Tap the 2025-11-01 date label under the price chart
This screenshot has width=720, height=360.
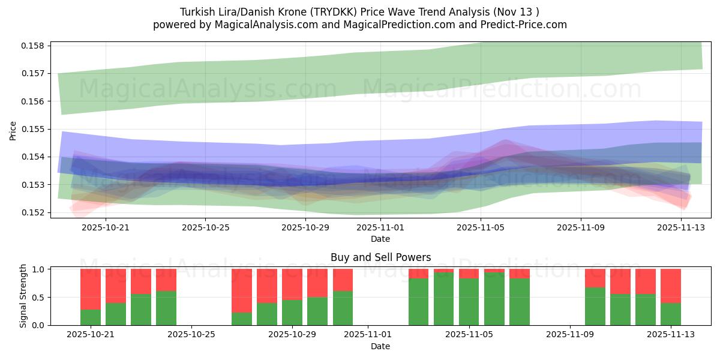pos(380,227)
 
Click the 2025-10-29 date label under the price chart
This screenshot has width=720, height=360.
pos(305,227)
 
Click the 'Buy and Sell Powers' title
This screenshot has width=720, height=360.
pos(380,257)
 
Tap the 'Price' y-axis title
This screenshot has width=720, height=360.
pos(13,130)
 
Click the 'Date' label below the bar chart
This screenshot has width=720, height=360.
pos(380,346)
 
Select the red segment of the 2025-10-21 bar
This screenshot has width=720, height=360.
pos(91,289)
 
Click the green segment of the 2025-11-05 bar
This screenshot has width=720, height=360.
pos(469,302)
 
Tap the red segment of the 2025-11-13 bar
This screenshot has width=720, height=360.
pos(671,286)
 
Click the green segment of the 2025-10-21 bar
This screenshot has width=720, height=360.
pos(91,317)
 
